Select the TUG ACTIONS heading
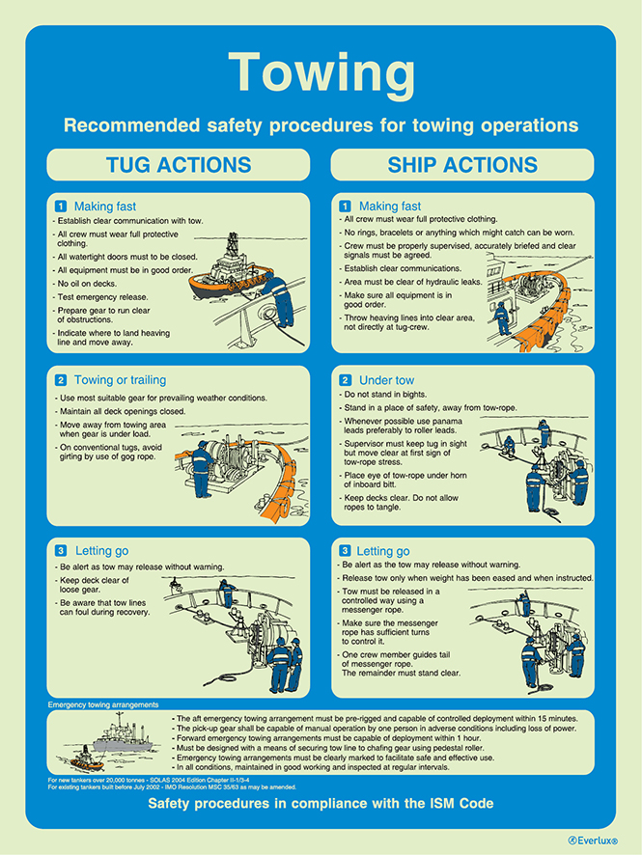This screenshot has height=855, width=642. pyautogui.click(x=179, y=165)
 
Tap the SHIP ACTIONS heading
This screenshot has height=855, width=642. pyautogui.click(x=462, y=165)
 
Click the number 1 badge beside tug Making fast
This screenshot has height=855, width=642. pyautogui.click(x=61, y=206)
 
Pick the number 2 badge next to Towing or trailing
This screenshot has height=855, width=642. pyautogui.click(x=61, y=380)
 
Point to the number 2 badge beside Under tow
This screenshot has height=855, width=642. pyautogui.click(x=345, y=380)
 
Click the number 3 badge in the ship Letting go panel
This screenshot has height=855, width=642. pyautogui.click(x=345, y=551)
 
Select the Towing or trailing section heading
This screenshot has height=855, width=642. pyautogui.click(x=120, y=380)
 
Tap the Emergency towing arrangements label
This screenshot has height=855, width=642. pyautogui.click(x=103, y=705)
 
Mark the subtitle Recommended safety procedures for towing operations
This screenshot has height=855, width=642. pyautogui.click(x=321, y=125)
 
